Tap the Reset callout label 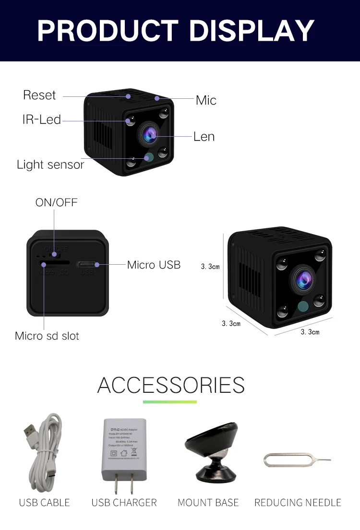pos(39,95)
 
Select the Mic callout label pos(206,100)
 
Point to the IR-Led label pos(42,119)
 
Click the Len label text pos(204,137)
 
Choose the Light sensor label pos(50,165)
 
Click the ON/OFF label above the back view pos(56,202)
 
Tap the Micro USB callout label pos(154,265)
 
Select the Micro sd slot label pos(47,336)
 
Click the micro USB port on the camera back pos(87,264)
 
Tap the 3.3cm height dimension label pos(210,267)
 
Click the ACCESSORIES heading pos(171,385)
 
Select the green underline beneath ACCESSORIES pos(170,401)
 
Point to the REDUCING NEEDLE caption pos(298,503)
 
